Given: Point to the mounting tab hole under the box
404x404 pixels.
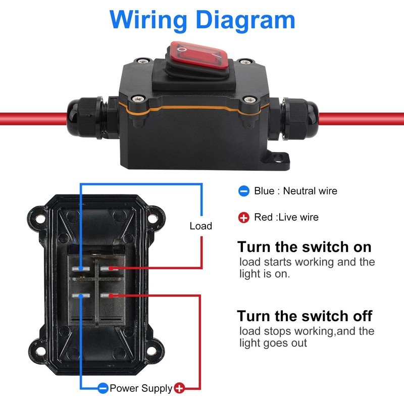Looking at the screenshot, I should tap(277, 160).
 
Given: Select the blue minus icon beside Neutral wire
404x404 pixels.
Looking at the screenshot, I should tap(244, 191).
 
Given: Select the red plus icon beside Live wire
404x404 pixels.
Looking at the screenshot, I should tap(244, 218).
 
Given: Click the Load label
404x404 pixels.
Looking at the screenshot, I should tap(200, 226).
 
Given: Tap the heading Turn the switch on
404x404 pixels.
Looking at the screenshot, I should tap(305, 247).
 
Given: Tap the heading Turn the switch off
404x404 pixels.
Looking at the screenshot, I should tap(305, 316).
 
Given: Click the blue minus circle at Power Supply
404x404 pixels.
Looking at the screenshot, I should tap(103, 388).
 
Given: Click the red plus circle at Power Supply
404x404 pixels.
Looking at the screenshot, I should tap(179, 388).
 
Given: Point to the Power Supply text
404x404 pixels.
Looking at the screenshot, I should tap(141, 388).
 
